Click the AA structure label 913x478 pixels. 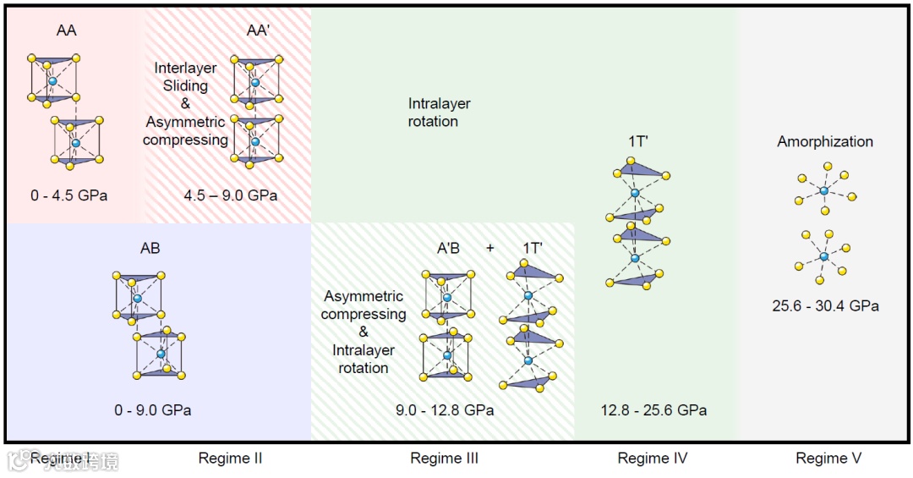point(66,30)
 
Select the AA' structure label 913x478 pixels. point(257,30)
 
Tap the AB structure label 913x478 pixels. point(150,249)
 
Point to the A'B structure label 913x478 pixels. point(448,248)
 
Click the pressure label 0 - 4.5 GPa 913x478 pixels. point(68,195)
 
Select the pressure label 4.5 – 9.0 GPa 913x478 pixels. point(231,195)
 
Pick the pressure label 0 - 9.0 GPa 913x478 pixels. point(153,410)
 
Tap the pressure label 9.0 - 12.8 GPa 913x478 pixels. point(445,410)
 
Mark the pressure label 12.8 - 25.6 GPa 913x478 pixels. point(653,410)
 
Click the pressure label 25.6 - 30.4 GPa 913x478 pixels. point(825,305)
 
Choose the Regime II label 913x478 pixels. point(230,459)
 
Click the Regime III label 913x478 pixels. point(445,459)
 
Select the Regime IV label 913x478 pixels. point(653,459)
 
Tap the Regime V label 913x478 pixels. point(828,459)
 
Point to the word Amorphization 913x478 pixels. point(825,141)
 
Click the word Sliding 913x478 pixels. point(185,85)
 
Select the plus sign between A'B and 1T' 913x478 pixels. point(490,248)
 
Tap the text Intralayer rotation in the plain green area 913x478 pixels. point(440,113)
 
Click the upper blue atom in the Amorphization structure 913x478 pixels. point(824,191)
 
